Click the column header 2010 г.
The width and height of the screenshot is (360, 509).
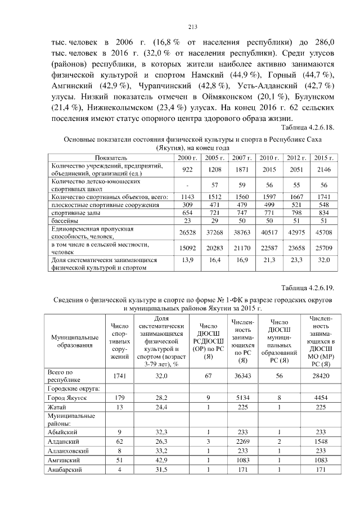coord(270,159)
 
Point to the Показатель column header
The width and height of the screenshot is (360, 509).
coord(110,159)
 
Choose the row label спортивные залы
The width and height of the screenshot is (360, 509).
coord(73,214)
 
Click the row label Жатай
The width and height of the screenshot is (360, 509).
coord(57,407)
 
